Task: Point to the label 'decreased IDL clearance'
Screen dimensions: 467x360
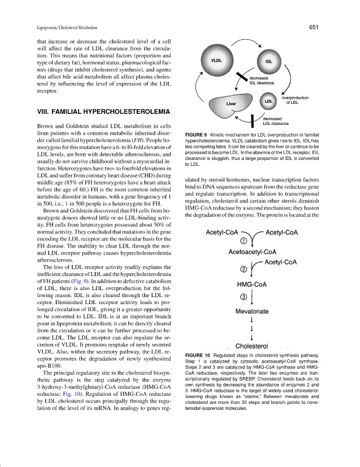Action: click(266, 80)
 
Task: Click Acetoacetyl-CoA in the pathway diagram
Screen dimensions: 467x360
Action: click(252, 252)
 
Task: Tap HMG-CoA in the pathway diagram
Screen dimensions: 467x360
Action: click(252, 284)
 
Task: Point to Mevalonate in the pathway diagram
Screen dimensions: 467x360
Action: click(251, 312)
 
